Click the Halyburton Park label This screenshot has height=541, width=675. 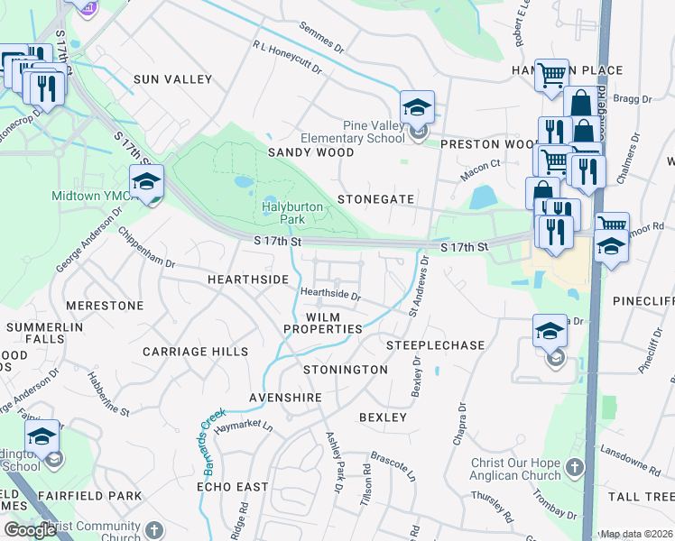(x=291, y=213)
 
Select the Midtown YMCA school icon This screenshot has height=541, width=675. (x=146, y=182)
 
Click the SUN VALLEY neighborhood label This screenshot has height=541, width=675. (x=172, y=79)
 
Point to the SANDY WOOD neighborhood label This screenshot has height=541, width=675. (x=310, y=153)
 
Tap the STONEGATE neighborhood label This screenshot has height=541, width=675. (x=375, y=199)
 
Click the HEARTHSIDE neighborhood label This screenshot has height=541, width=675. (x=247, y=280)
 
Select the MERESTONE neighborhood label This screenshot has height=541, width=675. (x=105, y=306)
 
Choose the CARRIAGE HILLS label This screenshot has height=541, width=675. (x=195, y=351)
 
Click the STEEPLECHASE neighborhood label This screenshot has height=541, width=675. (x=436, y=345)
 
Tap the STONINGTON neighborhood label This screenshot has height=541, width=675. (x=346, y=370)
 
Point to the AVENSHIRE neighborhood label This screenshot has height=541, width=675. (x=285, y=398)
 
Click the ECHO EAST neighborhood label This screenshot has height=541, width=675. (x=233, y=487)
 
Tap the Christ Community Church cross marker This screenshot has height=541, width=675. (x=154, y=529)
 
